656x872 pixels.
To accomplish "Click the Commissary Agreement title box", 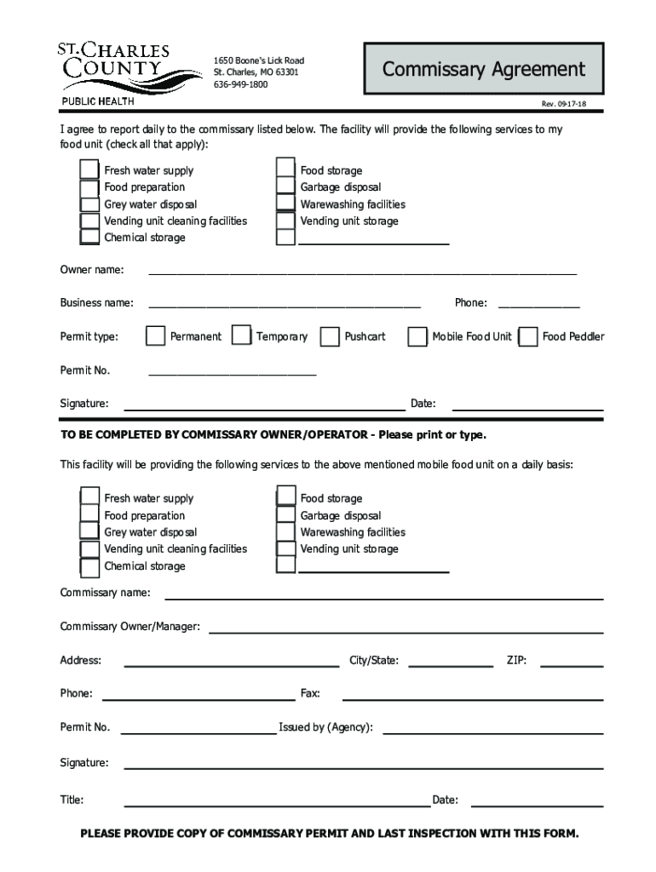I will pyautogui.click(x=483, y=69).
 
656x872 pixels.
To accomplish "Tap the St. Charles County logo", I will pyautogui.click(x=113, y=68).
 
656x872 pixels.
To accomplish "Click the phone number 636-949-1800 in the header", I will pyautogui.click(x=240, y=85).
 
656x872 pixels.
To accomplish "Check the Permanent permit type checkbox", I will pyautogui.click(x=155, y=336).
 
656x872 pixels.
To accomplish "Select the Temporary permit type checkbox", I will pyautogui.click(x=242, y=336).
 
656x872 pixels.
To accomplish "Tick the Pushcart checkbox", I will pyautogui.click(x=330, y=336).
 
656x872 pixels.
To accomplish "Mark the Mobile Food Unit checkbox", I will pyautogui.click(x=417, y=336).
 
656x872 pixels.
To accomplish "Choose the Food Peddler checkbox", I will pyautogui.click(x=528, y=336).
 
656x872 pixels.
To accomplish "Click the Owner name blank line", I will pyautogui.click(x=362, y=273).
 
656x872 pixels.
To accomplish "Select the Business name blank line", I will pyautogui.click(x=285, y=306).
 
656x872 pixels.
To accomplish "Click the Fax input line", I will pyautogui.click(x=472, y=698).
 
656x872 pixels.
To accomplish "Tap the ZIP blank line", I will pyautogui.click(x=572, y=664).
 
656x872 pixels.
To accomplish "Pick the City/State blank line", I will pyautogui.click(x=452, y=664).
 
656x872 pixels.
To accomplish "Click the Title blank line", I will pyautogui.click(x=277, y=804).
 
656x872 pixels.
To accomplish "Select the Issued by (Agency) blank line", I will pyautogui.click(x=493, y=731).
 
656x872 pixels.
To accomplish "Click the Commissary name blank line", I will pyautogui.click(x=383, y=596).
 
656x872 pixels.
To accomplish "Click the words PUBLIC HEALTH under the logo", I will pyautogui.click(x=97, y=103).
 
